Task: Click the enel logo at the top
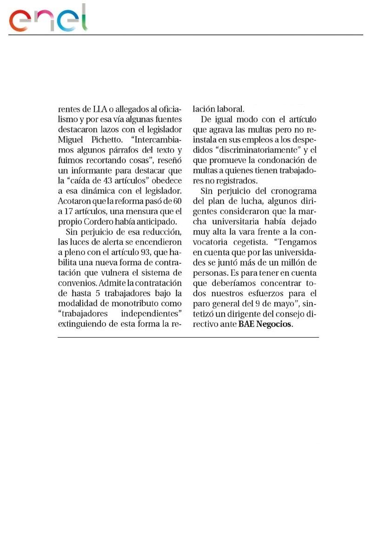tap(49, 19)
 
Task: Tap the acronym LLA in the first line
tap(97, 110)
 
